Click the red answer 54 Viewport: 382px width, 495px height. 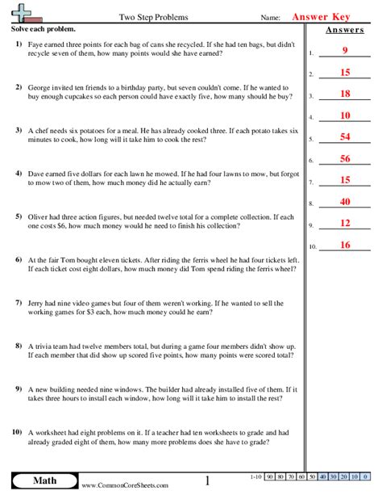pyautogui.click(x=344, y=137)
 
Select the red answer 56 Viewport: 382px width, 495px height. pyautogui.click(x=344, y=159)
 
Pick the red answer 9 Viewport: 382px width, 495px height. pyautogui.click(x=344, y=52)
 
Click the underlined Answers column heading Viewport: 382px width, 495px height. pyautogui.click(x=343, y=31)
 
